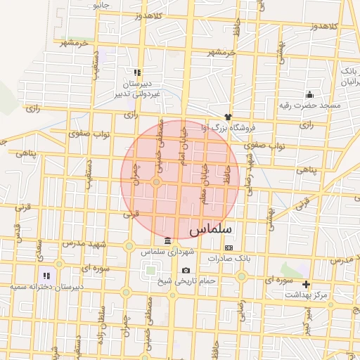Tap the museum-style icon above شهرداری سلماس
pos(167,241)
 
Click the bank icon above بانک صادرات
pos(229,247)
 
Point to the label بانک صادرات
pos(229,258)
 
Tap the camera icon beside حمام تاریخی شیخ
pos(186,271)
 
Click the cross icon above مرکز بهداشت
pos(306,285)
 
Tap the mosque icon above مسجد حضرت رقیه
pos(309,95)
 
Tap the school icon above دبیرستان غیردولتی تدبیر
pos(138,72)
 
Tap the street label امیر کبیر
pos(307,324)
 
